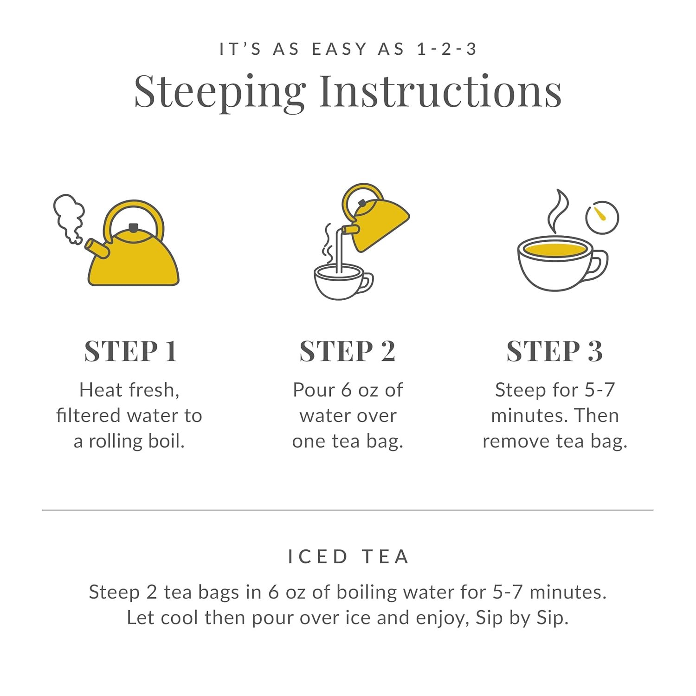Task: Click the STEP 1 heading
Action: coord(130,351)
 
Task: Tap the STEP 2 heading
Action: coord(348,351)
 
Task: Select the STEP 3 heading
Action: coord(554,351)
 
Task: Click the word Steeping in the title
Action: coord(220,92)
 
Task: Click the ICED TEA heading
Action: coord(348,556)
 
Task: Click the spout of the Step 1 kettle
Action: coord(97,248)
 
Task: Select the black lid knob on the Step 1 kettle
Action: coord(134,227)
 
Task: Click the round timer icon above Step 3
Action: coord(602,217)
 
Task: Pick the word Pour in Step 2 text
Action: coord(314,390)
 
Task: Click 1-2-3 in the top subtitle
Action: coord(446,49)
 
